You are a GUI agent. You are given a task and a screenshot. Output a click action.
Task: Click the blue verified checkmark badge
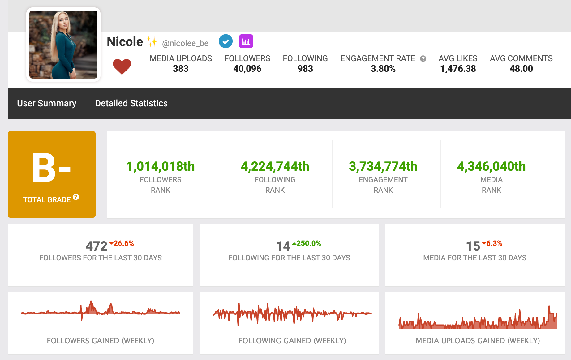(x=225, y=41)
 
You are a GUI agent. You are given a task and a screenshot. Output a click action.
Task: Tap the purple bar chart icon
(x=246, y=41)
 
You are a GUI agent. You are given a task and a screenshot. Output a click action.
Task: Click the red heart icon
(x=122, y=66)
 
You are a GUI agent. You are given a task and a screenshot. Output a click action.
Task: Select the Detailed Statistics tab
(x=131, y=103)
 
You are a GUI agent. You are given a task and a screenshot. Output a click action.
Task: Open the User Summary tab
(x=47, y=103)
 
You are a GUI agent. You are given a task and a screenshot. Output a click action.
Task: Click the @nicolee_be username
(x=185, y=43)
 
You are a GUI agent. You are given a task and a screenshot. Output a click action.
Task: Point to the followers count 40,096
(x=247, y=69)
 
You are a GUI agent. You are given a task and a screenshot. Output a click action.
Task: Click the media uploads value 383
(x=181, y=69)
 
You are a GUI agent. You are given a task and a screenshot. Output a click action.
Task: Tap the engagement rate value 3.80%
(x=383, y=69)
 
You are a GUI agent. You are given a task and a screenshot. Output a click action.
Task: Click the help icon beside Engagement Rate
(x=423, y=59)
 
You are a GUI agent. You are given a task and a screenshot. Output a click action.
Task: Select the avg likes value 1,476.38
(x=458, y=69)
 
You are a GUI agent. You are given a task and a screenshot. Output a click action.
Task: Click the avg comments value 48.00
(x=521, y=69)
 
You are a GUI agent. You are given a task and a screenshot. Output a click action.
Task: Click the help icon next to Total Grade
(x=76, y=197)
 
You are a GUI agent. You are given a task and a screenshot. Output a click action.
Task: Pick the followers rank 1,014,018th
(x=161, y=166)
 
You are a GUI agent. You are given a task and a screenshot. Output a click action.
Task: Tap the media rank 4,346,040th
(x=491, y=166)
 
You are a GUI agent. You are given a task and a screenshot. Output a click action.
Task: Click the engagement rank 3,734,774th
(x=383, y=166)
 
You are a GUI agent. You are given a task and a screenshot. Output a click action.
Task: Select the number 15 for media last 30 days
(x=473, y=246)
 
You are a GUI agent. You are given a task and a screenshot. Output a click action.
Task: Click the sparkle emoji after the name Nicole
(x=152, y=41)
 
